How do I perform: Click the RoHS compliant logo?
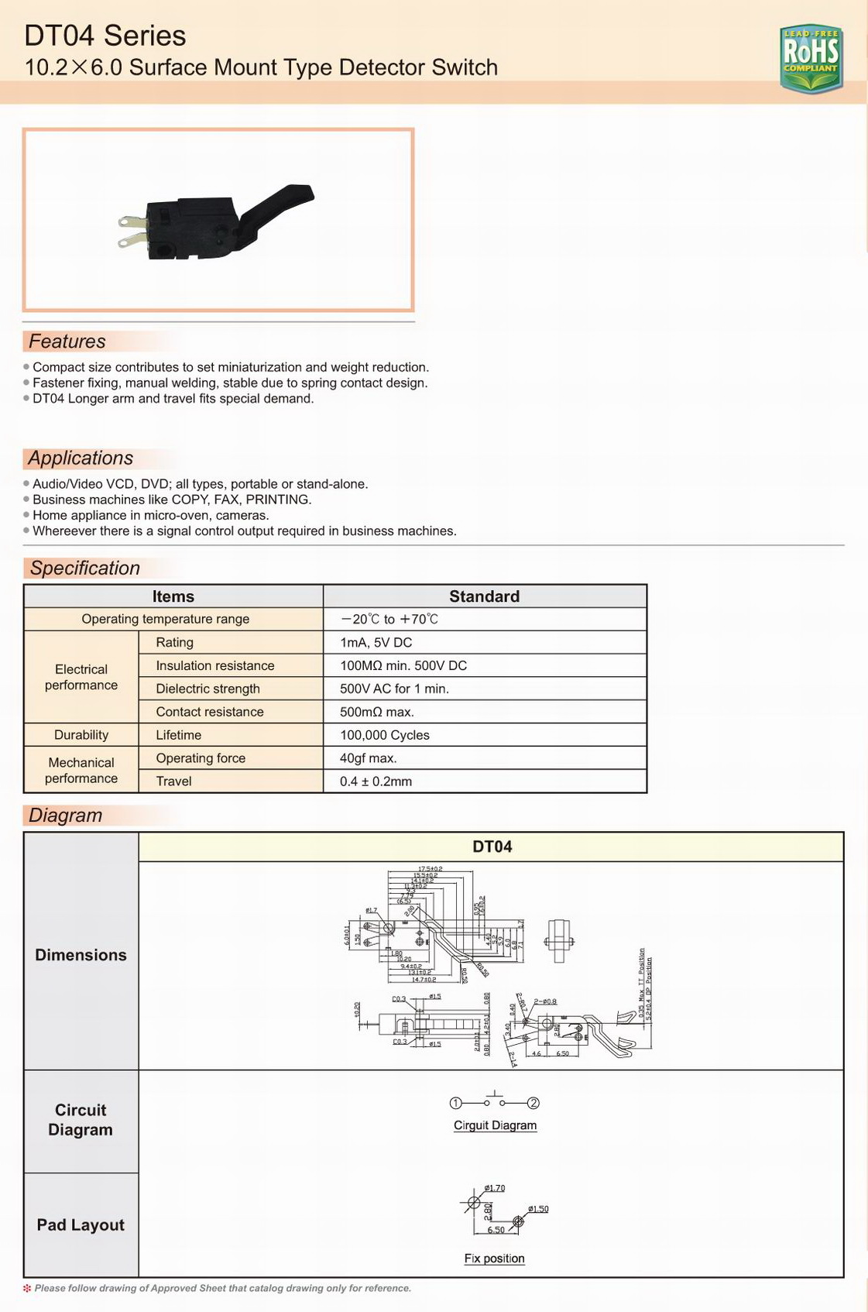(811, 57)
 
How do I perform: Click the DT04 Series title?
(105, 36)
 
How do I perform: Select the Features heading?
(67, 342)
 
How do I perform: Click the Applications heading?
(81, 459)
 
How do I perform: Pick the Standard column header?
(484, 596)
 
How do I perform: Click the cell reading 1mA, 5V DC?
(376, 642)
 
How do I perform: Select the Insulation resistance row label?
(215, 665)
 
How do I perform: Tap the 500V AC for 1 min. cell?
(394, 689)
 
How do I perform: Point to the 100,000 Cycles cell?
(385, 735)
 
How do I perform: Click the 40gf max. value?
(369, 758)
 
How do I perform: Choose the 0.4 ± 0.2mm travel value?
(376, 781)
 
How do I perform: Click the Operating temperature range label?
(166, 619)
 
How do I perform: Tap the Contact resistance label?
(210, 712)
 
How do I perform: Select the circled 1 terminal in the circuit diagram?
(456, 1103)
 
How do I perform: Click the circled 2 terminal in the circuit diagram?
(533, 1103)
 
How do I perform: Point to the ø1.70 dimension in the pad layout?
(495, 1188)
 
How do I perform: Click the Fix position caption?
(494, 1259)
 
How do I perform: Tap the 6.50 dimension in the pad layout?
(496, 1230)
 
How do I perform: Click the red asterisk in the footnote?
(27, 1289)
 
